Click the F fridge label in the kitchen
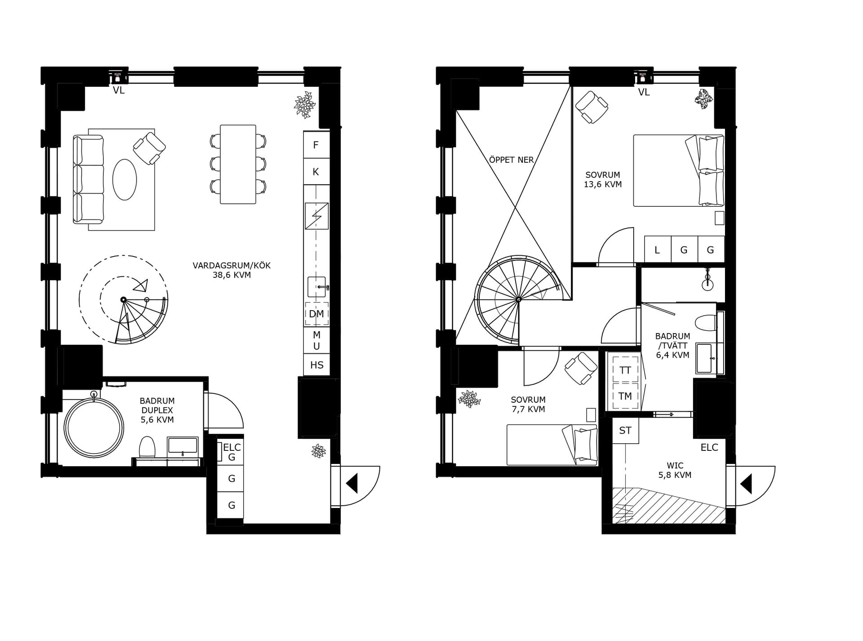click(x=316, y=145)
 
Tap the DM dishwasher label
click(x=316, y=314)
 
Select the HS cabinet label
click(x=317, y=365)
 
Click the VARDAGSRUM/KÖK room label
click(x=231, y=266)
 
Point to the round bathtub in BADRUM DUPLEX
click(x=94, y=427)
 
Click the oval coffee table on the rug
click(x=125, y=179)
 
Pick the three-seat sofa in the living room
click(x=89, y=180)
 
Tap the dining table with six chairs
click(x=238, y=165)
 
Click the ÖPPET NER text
click(x=511, y=160)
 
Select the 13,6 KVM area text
click(x=603, y=184)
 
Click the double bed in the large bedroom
click(x=679, y=170)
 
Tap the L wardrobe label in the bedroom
click(x=657, y=250)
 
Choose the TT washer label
click(x=625, y=370)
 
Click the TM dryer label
click(x=625, y=396)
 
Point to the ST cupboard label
click(x=625, y=431)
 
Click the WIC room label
click(x=675, y=466)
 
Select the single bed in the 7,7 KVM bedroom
click(x=552, y=445)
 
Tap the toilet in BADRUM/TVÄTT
click(x=706, y=323)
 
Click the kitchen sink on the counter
click(x=316, y=287)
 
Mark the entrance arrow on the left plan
click(x=351, y=484)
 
